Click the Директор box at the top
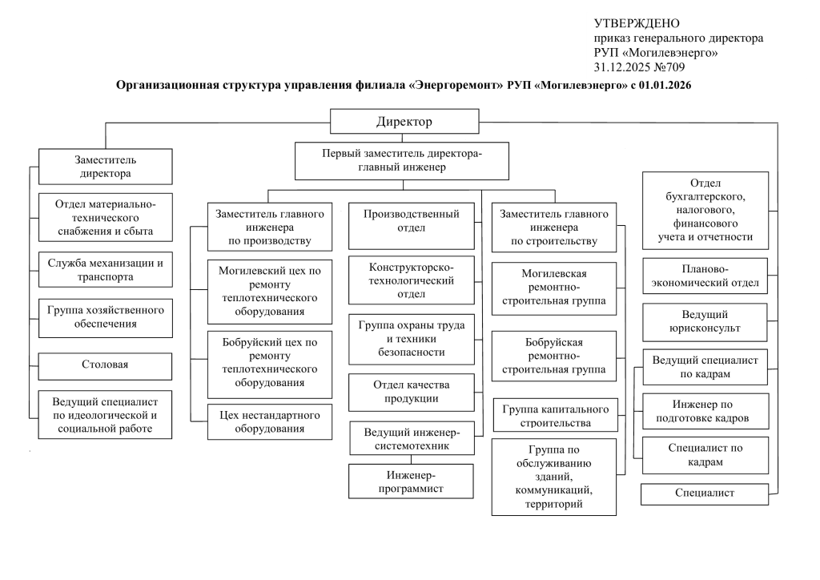coord(404,121)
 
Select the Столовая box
coord(105,366)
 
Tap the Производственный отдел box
coord(412,226)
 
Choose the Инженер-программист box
coord(411,481)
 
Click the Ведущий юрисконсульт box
coord(705,322)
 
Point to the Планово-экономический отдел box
coord(705,276)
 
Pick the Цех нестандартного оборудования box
coord(270,421)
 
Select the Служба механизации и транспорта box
coord(106,270)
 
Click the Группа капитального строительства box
coord(556,416)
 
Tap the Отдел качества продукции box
coord(412,392)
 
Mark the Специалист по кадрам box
coord(705,456)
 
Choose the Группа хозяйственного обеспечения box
coord(106,318)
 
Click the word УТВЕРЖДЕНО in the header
coord(637,23)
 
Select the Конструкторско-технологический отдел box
coord(412,280)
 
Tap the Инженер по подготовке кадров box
coord(705,411)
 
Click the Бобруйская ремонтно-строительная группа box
coord(554,356)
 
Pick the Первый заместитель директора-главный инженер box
coord(402,161)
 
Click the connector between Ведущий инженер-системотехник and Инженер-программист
coord(411,459)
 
